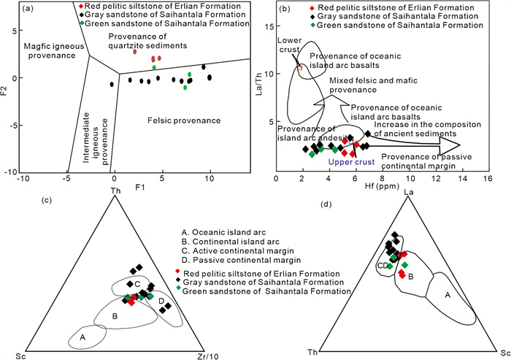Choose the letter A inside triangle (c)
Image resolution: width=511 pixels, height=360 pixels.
tap(83, 337)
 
